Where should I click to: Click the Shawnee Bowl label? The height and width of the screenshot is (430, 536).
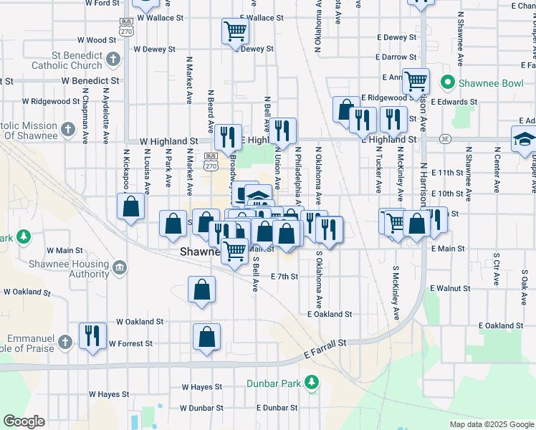(493, 83)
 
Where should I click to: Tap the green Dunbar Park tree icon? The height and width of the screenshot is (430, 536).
(311, 383)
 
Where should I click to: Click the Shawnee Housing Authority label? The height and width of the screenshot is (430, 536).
(69, 269)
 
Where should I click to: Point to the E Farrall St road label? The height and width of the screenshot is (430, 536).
(325, 349)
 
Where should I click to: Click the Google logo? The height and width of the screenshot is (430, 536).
(24, 421)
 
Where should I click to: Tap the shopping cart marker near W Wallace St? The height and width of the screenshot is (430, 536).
(235, 31)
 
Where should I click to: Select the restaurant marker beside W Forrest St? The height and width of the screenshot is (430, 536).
(92, 336)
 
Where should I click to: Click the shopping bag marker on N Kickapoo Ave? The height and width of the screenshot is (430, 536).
(131, 207)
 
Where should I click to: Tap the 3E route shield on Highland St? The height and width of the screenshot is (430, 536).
(446, 139)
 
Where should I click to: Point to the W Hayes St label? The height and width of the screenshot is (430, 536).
(109, 394)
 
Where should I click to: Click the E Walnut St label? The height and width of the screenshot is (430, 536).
(450, 288)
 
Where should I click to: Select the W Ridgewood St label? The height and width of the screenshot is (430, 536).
(51, 102)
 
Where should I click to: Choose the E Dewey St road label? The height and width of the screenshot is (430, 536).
(394, 37)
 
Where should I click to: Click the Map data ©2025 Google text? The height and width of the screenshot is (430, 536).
(491, 424)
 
